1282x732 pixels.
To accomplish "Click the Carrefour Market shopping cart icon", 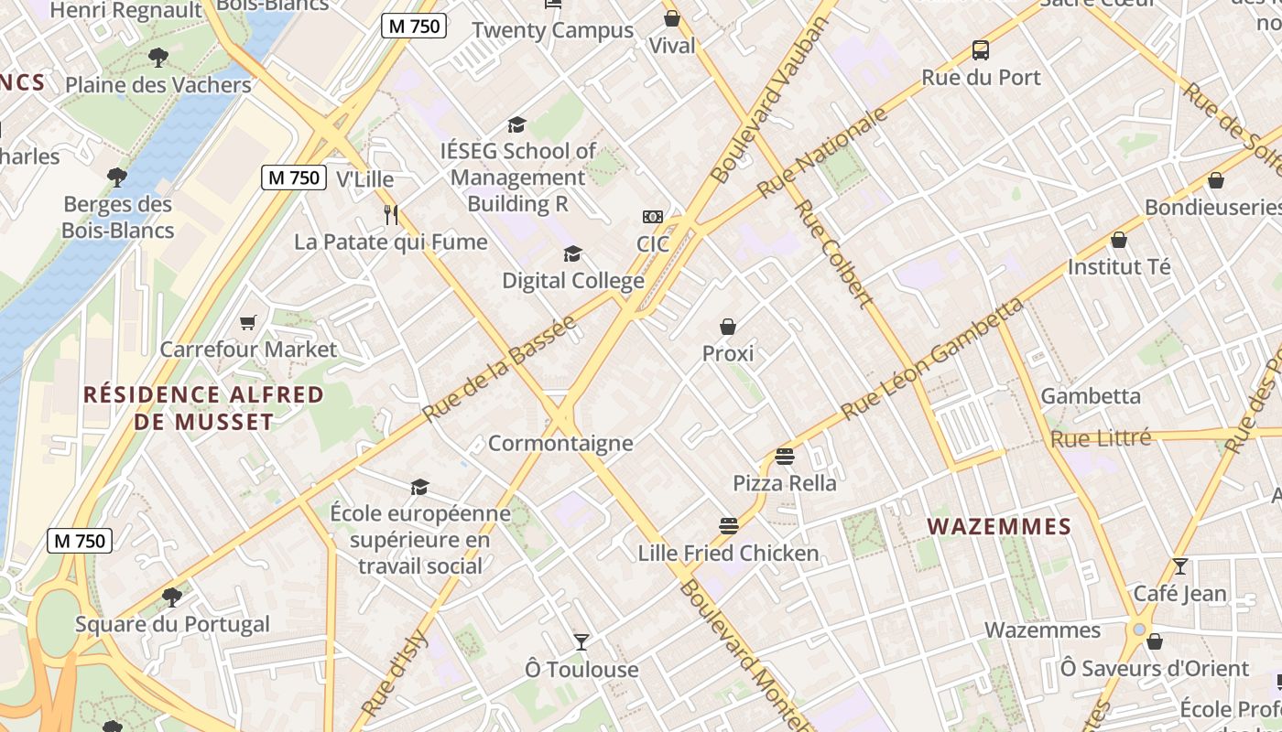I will [x=247, y=322].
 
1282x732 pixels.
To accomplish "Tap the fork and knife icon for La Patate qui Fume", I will [x=391, y=215].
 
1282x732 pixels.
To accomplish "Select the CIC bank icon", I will [x=653, y=217].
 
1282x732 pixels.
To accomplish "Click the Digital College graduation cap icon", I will [x=573, y=253].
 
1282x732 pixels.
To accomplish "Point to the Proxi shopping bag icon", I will [x=728, y=327].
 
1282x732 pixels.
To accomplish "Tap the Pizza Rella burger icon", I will [x=785, y=456].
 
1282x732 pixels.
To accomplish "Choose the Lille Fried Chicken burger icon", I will [x=729, y=526].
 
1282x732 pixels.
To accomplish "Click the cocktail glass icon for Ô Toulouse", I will [x=581, y=642].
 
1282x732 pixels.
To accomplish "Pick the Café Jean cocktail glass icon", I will [x=1180, y=566].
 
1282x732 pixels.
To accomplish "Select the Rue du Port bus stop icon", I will [x=981, y=50].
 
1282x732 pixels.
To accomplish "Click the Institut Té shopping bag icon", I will [x=1119, y=241].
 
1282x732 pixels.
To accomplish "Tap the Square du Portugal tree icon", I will [x=171, y=597].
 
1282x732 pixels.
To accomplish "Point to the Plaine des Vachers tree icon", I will [x=158, y=58].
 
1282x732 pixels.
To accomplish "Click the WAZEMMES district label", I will [x=999, y=526].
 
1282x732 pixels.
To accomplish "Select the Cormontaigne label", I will [x=560, y=444].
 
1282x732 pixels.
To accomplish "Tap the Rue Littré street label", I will [x=1101, y=439].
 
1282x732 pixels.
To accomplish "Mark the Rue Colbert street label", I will [x=832, y=253].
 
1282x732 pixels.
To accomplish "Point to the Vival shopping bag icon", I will [x=672, y=18].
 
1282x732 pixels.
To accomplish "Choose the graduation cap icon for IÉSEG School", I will [x=517, y=124].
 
